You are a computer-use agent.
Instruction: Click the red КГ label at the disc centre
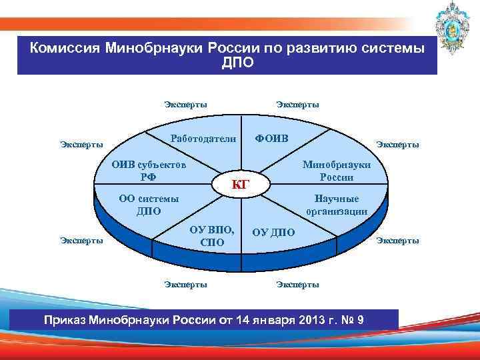[x=240, y=183]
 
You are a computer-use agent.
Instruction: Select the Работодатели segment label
[x=203, y=139]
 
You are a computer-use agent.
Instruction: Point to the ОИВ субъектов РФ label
[x=148, y=170]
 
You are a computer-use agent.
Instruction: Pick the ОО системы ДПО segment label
[x=148, y=205]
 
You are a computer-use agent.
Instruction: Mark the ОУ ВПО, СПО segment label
[x=212, y=236]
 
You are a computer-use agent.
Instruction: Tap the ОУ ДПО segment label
[x=273, y=232]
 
